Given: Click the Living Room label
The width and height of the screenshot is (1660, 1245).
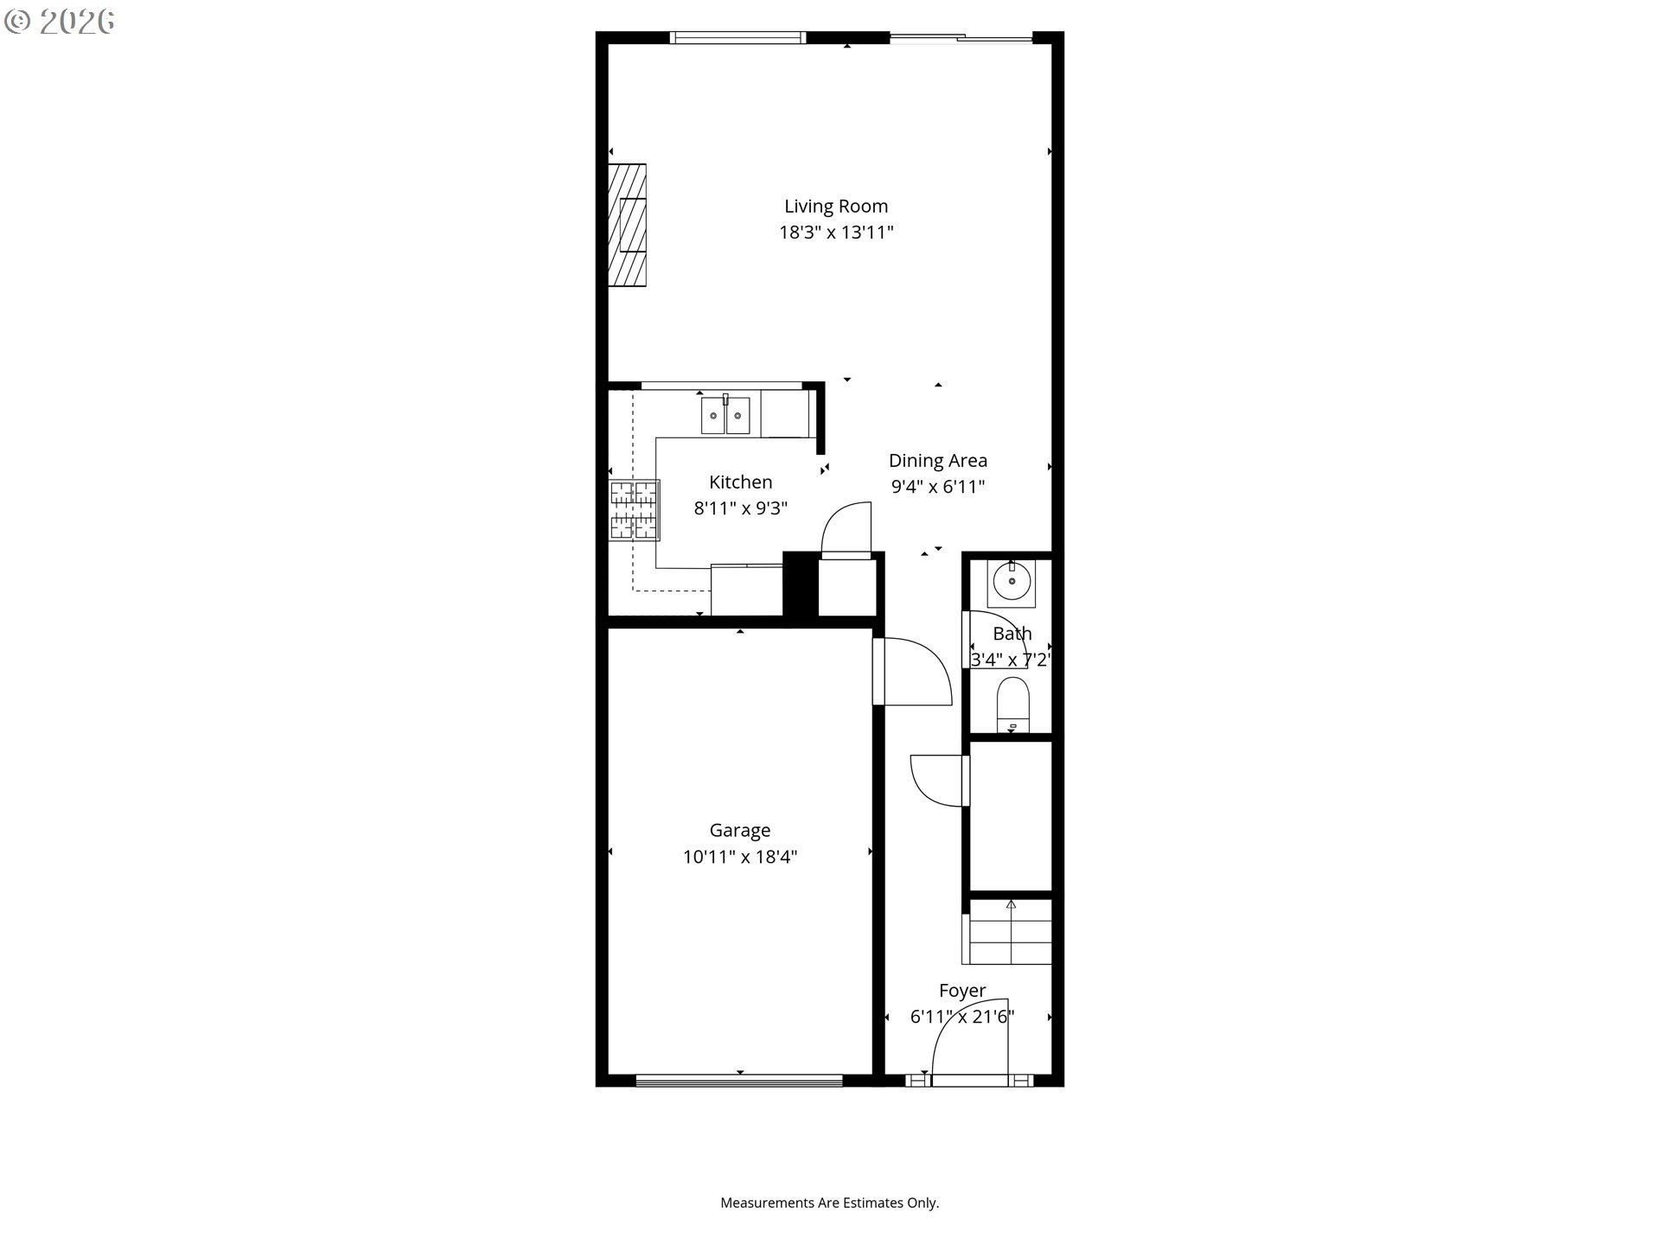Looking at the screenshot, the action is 836,207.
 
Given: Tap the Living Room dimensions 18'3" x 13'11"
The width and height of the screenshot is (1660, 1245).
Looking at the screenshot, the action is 836,233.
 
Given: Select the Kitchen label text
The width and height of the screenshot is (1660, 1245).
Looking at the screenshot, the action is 740,482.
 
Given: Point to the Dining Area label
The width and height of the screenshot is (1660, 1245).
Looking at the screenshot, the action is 938,461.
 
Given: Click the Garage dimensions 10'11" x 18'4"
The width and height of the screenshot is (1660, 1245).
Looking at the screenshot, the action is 740,857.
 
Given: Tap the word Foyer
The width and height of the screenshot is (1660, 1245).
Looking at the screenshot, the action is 962,991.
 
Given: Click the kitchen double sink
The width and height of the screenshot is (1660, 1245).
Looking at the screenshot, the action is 725,415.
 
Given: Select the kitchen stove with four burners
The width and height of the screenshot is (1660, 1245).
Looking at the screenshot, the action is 635,510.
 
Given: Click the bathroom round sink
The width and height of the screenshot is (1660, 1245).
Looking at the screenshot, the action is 1012,580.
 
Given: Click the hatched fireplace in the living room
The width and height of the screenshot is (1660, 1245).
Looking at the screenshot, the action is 628,225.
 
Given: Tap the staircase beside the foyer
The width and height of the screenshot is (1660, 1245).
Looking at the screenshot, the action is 1008,932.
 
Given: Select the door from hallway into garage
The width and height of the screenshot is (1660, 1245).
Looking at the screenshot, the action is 913,672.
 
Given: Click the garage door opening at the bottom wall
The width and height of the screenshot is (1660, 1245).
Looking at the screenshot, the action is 739,1080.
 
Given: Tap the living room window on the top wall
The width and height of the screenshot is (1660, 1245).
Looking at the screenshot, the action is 738,37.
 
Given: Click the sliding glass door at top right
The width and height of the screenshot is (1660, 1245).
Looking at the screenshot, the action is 961,37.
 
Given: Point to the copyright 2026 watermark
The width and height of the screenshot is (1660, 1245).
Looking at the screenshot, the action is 60,22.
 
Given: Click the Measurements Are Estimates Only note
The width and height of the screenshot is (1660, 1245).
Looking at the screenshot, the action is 830,1203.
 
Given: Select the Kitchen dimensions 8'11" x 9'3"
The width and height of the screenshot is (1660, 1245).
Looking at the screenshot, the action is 741,508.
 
